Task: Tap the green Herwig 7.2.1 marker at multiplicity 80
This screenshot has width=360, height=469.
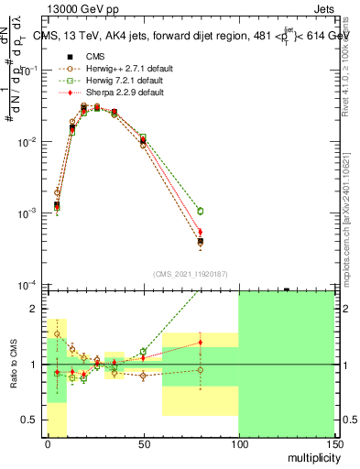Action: click(x=200, y=212)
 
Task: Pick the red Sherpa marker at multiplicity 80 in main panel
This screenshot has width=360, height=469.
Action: click(x=200, y=232)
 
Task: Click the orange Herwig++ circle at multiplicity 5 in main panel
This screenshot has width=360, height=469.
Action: click(x=57, y=193)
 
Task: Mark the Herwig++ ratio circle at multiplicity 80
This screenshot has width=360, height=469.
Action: click(x=200, y=370)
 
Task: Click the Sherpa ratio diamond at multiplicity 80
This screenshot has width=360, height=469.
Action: click(x=200, y=343)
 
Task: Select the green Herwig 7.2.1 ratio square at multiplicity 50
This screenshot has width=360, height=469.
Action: click(x=143, y=352)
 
